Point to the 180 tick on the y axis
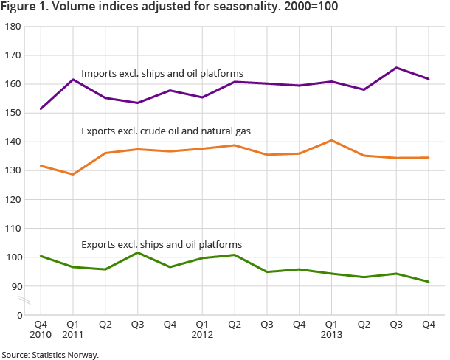tap(13, 27)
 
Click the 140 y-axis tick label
tap(13, 142)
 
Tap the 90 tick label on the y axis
tap(15, 286)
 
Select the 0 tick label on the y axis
tap(17, 315)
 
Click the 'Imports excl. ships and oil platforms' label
tap(162, 74)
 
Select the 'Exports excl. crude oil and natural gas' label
tap(165, 131)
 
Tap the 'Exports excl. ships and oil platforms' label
tap(162, 244)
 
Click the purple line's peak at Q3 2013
tap(396, 68)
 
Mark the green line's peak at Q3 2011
tap(138, 252)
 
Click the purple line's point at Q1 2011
tap(73, 80)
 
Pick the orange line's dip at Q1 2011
tap(73, 174)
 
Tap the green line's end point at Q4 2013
tap(429, 282)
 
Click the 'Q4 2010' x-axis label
tap(41, 330)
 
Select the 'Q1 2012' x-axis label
tap(202, 330)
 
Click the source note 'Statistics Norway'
tap(49, 355)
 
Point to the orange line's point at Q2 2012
tap(235, 145)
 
